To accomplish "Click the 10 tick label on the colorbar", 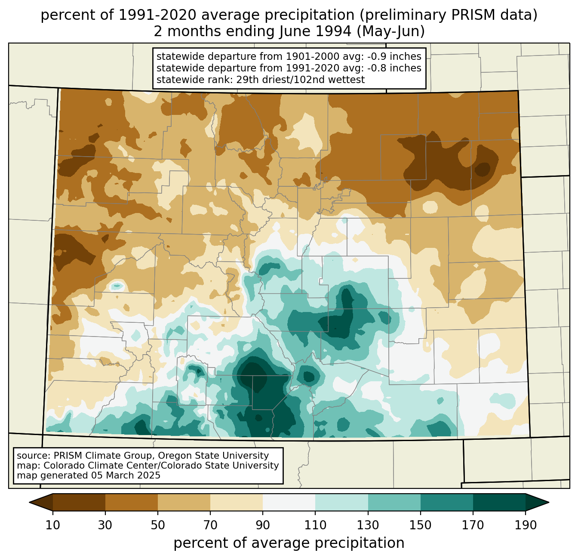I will click(53, 525).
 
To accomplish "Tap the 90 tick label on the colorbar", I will click(263, 525).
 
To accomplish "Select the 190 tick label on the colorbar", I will click(525, 525).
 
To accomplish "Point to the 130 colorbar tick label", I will click(368, 525).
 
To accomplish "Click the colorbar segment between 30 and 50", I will click(132, 502).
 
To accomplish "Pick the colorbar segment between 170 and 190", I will click(499, 502).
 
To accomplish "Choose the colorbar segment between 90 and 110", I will click(289, 502).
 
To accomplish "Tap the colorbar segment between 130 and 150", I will click(394, 502).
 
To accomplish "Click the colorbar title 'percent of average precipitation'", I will click(289, 543).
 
